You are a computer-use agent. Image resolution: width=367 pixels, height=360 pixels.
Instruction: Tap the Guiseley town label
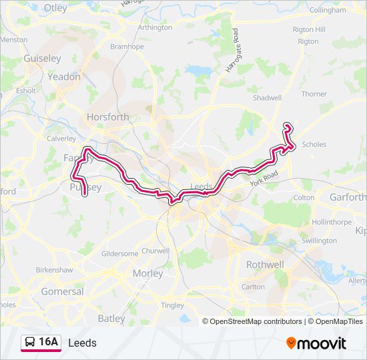[42, 59]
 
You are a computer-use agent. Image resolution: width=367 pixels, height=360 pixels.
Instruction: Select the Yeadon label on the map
[64, 77]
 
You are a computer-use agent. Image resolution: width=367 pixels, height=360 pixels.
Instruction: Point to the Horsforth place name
[108, 117]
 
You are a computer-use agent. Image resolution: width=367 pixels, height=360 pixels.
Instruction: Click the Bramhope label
[127, 47]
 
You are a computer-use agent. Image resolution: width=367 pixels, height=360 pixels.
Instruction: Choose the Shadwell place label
[267, 97]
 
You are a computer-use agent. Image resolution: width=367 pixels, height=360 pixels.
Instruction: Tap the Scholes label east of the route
[314, 144]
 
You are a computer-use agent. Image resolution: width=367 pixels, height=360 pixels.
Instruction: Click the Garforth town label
[348, 197]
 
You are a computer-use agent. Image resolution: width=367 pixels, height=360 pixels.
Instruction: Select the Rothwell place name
[265, 265]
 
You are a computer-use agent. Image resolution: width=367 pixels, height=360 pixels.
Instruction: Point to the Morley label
[148, 273]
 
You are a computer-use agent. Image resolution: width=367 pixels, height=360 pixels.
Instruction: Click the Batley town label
[111, 319]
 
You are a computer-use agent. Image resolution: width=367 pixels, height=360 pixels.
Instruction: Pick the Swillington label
[319, 241]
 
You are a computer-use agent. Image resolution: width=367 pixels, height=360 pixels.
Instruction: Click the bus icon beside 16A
[29, 343]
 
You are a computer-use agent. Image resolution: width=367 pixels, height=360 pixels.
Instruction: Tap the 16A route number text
[49, 343]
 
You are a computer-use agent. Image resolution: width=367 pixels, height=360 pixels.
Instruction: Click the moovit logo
[316, 343]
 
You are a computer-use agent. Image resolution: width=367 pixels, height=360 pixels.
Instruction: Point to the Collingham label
[328, 11]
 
